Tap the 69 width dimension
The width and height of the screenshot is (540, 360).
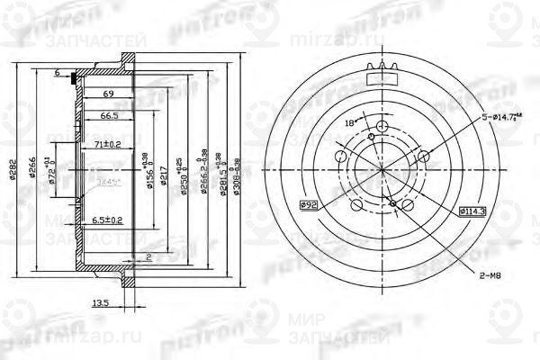[x=107, y=94]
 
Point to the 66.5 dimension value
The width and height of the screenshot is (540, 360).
[x=110, y=116]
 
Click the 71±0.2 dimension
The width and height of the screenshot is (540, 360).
[x=107, y=143]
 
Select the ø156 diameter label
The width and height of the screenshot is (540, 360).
[x=148, y=169]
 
